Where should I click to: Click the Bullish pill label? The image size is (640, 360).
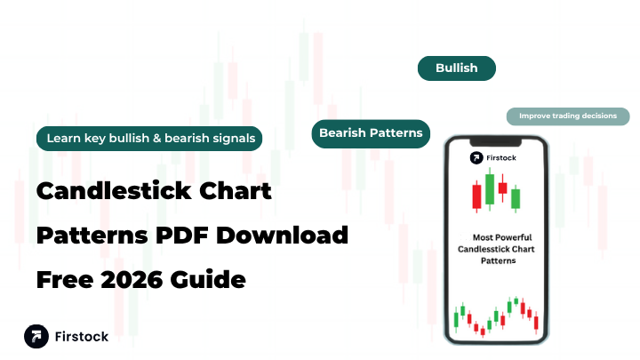point(457,68)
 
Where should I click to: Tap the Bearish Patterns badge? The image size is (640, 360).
point(371,133)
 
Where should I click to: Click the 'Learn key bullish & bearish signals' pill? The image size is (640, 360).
point(148,138)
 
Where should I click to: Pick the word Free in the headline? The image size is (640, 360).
point(61,280)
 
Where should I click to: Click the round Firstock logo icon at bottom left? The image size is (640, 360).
point(37,337)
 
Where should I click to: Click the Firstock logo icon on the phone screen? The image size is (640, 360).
point(477,157)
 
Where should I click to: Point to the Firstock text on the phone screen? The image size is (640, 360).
point(503,157)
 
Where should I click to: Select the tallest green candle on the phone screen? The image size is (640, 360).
point(489,188)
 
